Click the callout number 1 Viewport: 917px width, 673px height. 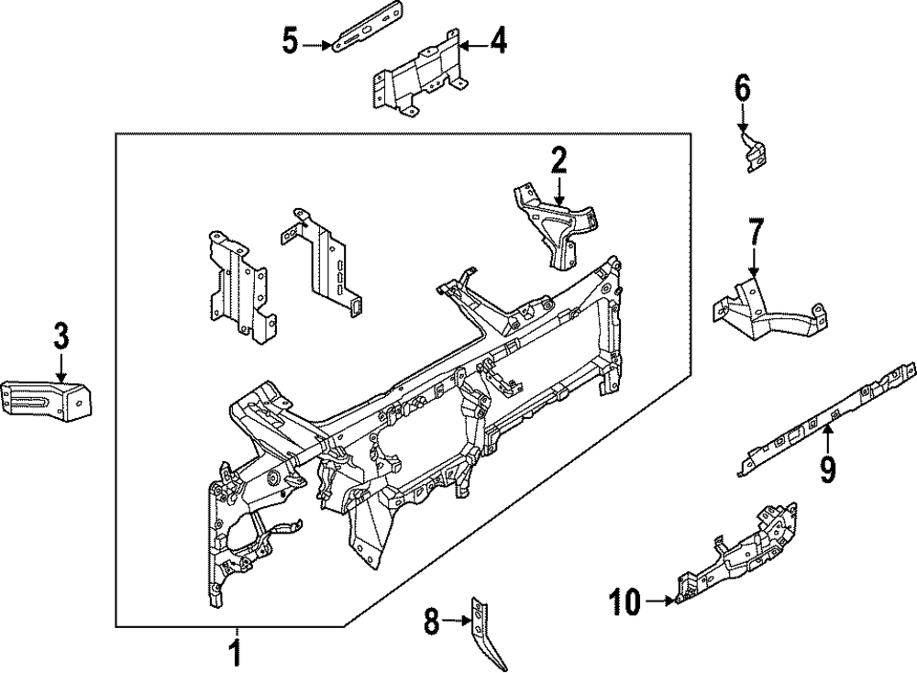click(235, 653)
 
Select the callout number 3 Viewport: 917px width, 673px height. click(61, 336)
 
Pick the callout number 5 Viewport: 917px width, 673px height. click(291, 41)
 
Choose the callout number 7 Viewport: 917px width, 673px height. click(755, 232)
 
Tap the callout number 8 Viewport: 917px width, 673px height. click(431, 622)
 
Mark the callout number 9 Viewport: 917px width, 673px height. click(827, 469)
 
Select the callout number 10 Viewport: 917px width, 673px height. click(625, 601)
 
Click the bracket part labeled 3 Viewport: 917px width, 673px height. click(46, 400)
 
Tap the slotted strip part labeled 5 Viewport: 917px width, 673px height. click(367, 28)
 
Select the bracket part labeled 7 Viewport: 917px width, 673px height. click(768, 310)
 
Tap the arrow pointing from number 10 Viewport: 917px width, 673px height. click(660, 601)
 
